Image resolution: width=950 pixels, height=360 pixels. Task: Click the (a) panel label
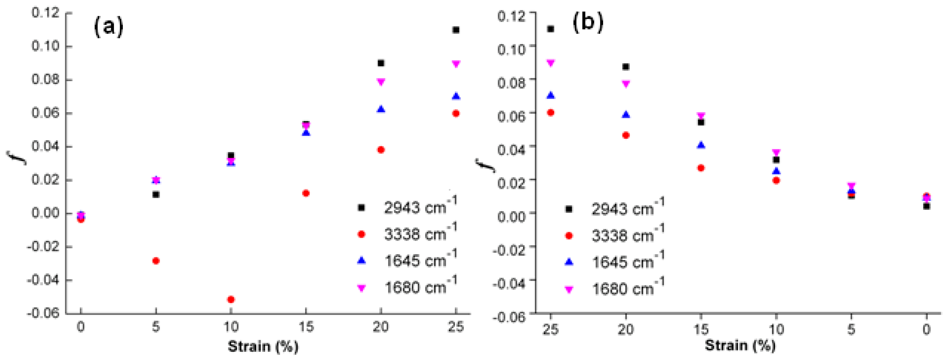tap(108, 27)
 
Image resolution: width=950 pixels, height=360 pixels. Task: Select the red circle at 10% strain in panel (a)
tap(231, 299)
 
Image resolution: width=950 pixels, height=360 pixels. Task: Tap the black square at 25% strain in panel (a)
tap(456, 30)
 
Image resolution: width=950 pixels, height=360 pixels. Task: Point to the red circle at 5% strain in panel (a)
tap(156, 261)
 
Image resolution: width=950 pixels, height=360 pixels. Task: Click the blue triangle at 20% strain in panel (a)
tap(381, 109)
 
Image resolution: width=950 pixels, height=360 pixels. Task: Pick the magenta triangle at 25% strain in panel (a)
tap(456, 64)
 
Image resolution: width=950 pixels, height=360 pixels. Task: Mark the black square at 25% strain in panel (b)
tap(551, 29)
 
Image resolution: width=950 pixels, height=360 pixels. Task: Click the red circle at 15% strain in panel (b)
tap(701, 168)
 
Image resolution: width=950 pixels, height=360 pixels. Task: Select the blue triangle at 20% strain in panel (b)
tap(626, 115)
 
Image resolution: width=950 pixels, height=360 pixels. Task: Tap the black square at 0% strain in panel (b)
tap(926, 206)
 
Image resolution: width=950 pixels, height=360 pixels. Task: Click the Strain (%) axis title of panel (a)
tap(263, 346)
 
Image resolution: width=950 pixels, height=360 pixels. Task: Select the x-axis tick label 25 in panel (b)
tap(550, 329)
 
